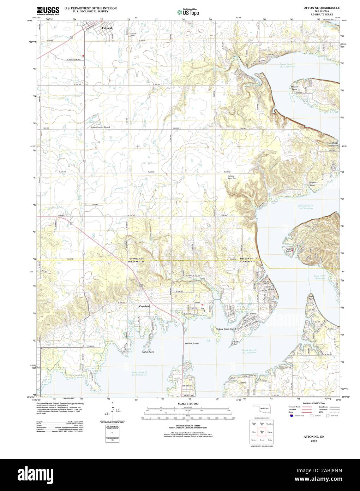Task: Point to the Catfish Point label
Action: (x=148, y=352)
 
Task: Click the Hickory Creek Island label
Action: (x=226, y=329)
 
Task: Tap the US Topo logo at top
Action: (x=188, y=11)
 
